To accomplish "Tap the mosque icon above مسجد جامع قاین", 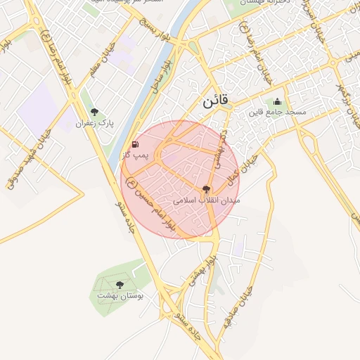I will coord(277,101).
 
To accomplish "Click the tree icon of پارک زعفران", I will coord(94,112).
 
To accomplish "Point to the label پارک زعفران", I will coord(94,124).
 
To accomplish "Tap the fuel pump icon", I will coord(135,143).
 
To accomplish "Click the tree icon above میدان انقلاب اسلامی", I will coord(206,188).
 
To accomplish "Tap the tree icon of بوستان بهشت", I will coord(120,285).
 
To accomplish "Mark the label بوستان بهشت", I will coord(120,297).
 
